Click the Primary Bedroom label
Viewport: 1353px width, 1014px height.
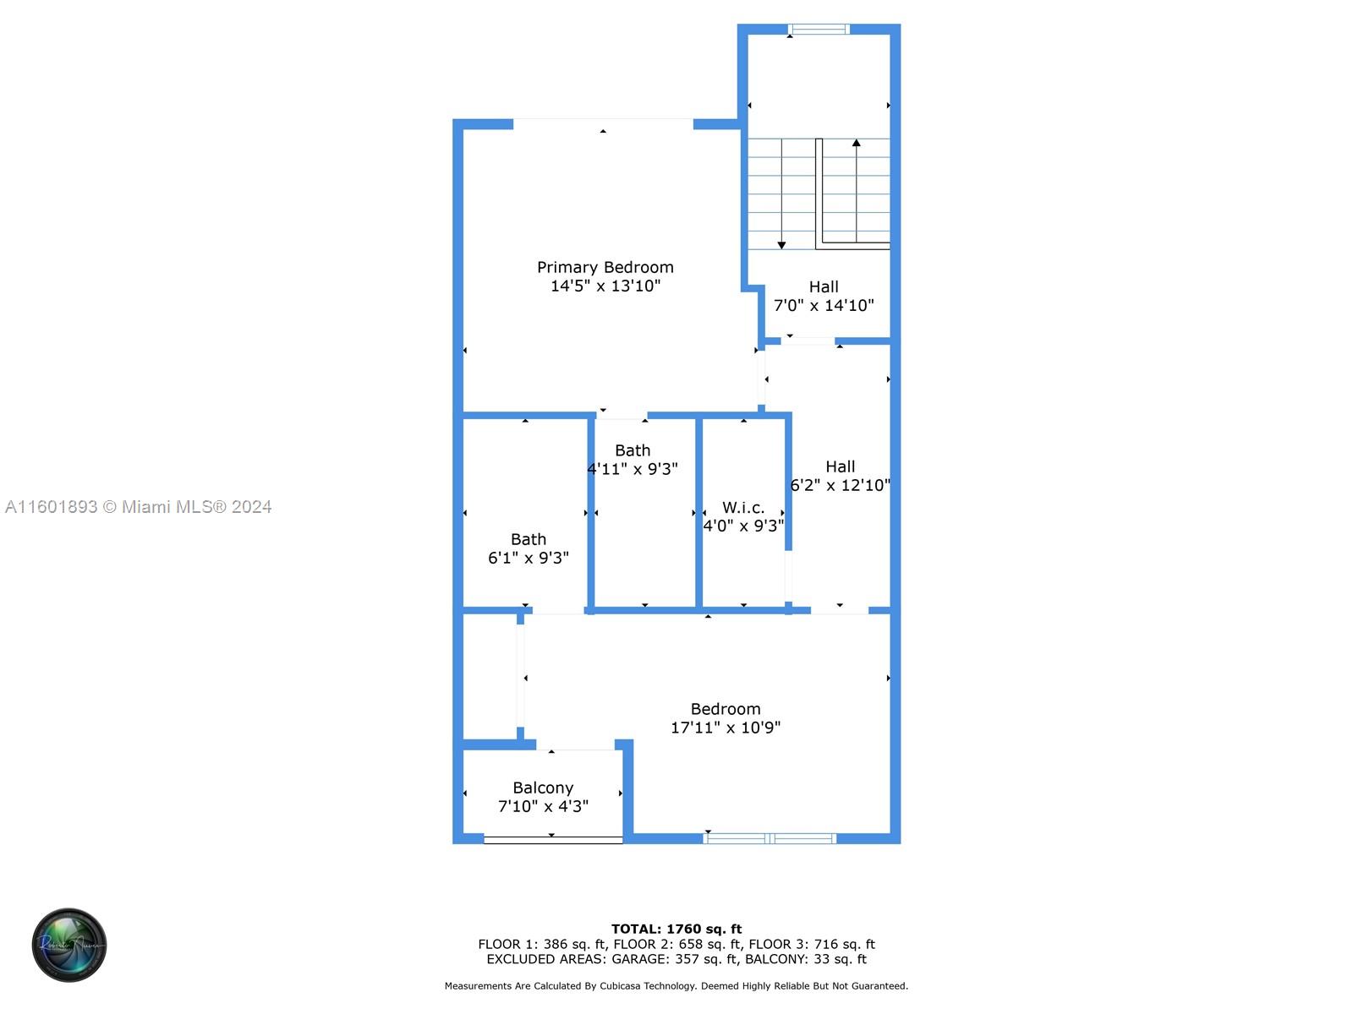point(605,267)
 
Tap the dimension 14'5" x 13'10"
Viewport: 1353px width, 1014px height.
point(605,286)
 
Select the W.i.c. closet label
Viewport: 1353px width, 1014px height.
point(743,507)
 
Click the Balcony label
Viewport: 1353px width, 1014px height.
point(543,788)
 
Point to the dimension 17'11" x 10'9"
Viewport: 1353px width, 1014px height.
point(726,728)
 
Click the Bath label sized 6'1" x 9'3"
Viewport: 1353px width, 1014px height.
point(529,539)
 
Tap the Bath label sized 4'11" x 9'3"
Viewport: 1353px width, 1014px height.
point(633,450)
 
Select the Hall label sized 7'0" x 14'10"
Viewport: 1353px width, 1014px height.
point(824,286)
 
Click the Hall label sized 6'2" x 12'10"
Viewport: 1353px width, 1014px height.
point(840,466)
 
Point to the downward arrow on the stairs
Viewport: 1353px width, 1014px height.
point(781,244)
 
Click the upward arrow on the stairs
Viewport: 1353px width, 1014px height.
point(856,144)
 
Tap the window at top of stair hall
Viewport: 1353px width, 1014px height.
point(819,30)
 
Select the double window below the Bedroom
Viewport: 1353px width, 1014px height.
point(770,838)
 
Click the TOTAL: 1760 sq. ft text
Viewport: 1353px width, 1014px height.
point(676,929)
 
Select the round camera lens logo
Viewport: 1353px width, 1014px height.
point(69,945)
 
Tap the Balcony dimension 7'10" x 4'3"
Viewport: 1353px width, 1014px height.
point(543,806)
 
